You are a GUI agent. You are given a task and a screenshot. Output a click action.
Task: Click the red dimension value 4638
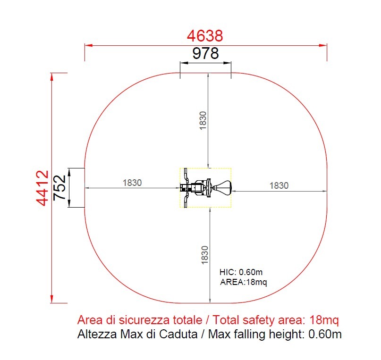click(x=205, y=36)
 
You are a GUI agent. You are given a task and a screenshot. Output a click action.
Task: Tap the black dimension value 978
click(x=205, y=53)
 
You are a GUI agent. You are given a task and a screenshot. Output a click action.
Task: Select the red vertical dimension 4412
click(x=42, y=188)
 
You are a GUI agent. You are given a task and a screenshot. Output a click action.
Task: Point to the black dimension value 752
click(x=59, y=188)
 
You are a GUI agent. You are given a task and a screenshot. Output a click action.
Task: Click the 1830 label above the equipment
click(x=203, y=121)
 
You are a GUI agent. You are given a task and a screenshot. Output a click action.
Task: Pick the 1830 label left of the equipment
click(x=132, y=183)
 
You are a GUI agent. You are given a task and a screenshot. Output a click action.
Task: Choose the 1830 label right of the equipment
click(x=279, y=186)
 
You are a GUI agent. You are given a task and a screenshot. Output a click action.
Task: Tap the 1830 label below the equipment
click(x=205, y=255)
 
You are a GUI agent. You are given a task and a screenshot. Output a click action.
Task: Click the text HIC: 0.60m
click(x=241, y=272)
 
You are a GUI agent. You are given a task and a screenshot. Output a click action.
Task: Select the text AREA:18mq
click(x=244, y=282)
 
